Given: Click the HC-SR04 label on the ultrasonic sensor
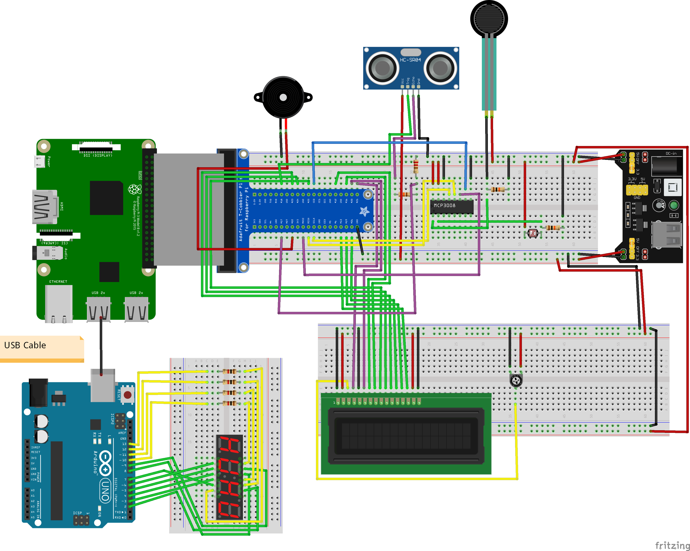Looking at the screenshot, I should [x=410, y=60].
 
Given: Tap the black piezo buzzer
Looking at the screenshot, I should [x=283, y=97].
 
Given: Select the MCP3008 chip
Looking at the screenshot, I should [x=452, y=206].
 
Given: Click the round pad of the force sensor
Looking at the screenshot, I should [x=489, y=19].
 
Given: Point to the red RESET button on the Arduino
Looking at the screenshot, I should [x=127, y=395].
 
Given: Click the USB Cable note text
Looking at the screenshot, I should [x=25, y=345].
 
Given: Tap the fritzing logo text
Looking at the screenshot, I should [x=672, y=545].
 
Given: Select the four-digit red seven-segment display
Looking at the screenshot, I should [x=229, y=477].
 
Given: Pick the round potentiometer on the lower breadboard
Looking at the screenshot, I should [x=515, y=381].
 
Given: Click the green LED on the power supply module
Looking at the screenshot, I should [x=674, y=205].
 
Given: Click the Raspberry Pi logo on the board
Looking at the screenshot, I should [x=135, y=189].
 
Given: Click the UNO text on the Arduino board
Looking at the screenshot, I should [x=105, y=490].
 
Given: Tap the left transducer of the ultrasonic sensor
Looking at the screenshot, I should [x=382, y=68].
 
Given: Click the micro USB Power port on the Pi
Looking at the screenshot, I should [x=40, y=161].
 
